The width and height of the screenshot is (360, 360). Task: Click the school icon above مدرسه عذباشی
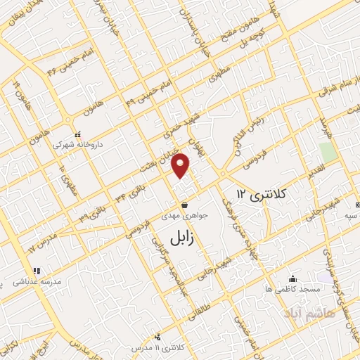click(36, 270)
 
